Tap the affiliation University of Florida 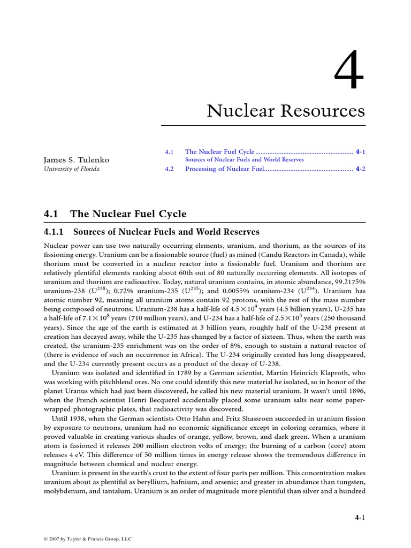click(x=71, y=169)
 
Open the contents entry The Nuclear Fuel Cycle click(x=219, y=152)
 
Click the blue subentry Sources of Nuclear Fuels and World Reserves click(x=244, y=160)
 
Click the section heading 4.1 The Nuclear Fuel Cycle click(x=115, y=214)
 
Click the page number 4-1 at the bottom click(x=360, y=517)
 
